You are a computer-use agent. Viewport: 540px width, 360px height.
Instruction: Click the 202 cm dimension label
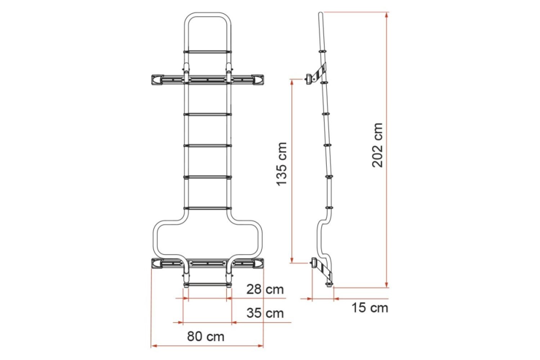pyautogui.click(x=377, y=145)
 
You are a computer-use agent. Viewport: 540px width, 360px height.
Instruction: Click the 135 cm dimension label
pyautogui.click(x=282, y=164)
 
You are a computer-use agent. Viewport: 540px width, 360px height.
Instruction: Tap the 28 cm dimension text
pyautogui.click(x=265, y=289)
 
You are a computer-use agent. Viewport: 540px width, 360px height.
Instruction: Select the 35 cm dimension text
pyautogui.click(x=265, y=313)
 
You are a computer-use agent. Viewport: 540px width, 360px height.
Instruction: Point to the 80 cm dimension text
pyautogui.click(x=205, y=336)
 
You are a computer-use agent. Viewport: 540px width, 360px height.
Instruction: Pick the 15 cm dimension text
pyautogui.click(x=370, y=307)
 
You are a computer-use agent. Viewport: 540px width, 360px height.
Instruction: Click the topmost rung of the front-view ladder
pyautogui.click(x=207, y=51)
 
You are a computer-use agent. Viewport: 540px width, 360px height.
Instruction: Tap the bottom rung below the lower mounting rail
pyautogui.click(x=207, y=284)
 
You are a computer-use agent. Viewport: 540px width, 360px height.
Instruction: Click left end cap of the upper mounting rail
pyautogui.click(x=157, y=79)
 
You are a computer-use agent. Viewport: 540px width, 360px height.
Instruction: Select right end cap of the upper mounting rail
pyautogui.click(x=258, y=79)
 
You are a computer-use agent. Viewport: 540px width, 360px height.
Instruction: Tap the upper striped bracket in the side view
pyautogui.click(x=319, y=72)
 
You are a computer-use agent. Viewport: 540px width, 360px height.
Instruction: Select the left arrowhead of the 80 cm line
pyautogui.click(x=153, y=346)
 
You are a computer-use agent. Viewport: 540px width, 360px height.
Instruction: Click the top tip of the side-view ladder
pyautogui.click(x=320, y=13)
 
